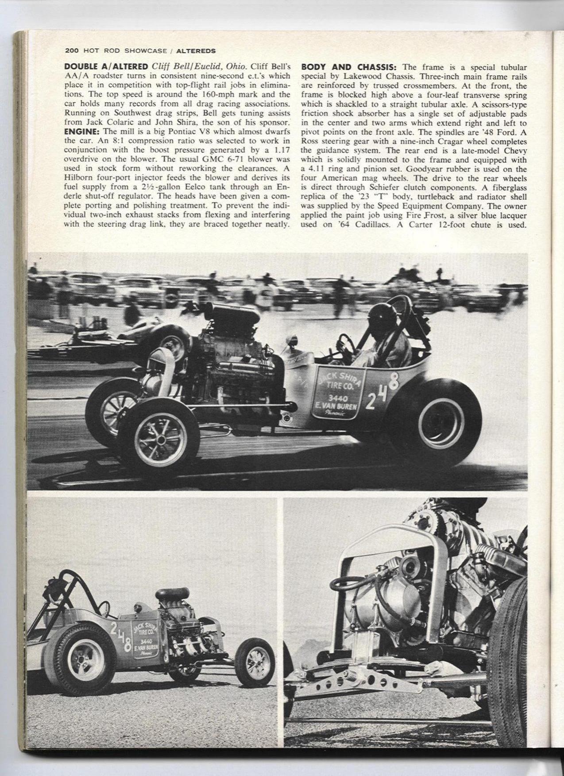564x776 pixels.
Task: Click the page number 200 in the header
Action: coord(71,50)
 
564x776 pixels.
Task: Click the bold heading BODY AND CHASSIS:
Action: coord(350,67)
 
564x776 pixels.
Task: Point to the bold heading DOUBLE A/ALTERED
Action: coord(106,67)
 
